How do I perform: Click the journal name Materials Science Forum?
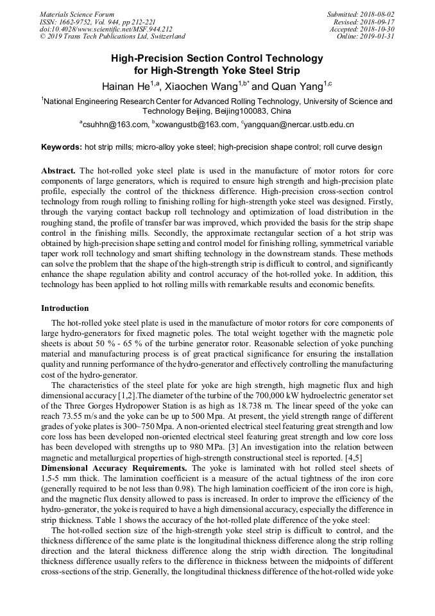(x=77, y=14)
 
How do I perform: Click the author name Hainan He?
(x=126, y=86)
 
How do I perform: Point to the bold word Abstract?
(x=59, y=171)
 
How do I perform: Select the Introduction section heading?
(x=65, y=308)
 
